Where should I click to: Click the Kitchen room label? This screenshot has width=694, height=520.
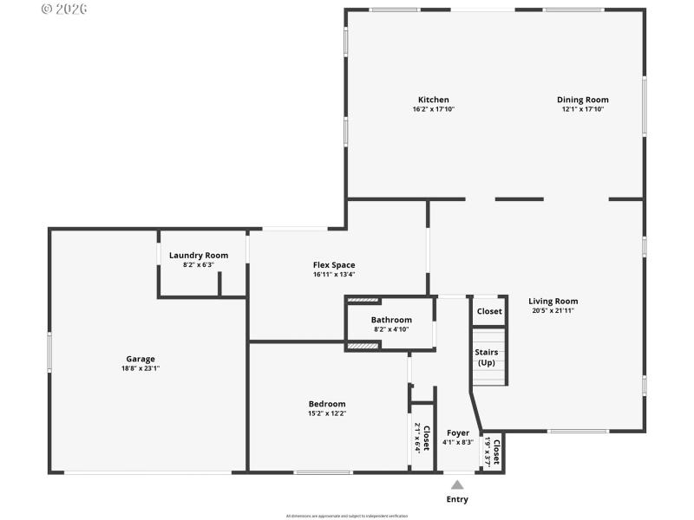(433, 100)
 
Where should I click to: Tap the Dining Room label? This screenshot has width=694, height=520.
(582, 100)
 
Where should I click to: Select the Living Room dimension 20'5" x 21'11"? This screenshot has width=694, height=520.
(553, 310)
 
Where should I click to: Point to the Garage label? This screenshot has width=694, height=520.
(140, 359)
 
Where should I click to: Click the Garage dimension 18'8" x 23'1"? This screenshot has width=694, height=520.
(140, 368)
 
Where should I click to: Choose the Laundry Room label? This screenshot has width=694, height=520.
(199, 255)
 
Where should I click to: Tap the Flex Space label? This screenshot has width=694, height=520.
(334, 265)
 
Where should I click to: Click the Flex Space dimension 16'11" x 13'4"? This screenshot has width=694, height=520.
(334, 275)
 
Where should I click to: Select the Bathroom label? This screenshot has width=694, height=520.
(391, 320)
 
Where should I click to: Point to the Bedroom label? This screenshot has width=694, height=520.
(327, 404)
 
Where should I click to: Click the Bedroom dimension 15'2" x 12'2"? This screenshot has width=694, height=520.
(327, 413)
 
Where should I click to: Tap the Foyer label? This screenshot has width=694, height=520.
(457, 432)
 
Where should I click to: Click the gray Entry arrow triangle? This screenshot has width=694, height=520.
(457, 484)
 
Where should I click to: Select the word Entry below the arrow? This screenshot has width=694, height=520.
(457, 499)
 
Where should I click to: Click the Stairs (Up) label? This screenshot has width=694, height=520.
(486, 357)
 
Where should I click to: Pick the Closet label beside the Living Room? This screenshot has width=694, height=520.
(488, 311)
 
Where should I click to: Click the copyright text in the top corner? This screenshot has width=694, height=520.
(64, 10)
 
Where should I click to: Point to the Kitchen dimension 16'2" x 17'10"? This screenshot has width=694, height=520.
(433, 109)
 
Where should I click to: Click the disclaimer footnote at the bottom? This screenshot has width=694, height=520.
(347, 515)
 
